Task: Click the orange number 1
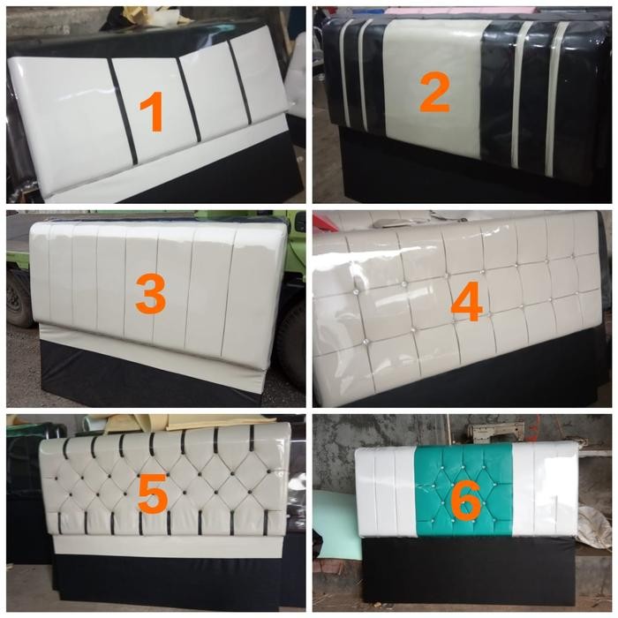152,112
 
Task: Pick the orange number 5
152,496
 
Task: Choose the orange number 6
464,501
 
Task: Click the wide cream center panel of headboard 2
434,53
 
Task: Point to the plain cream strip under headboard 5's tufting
168,545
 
